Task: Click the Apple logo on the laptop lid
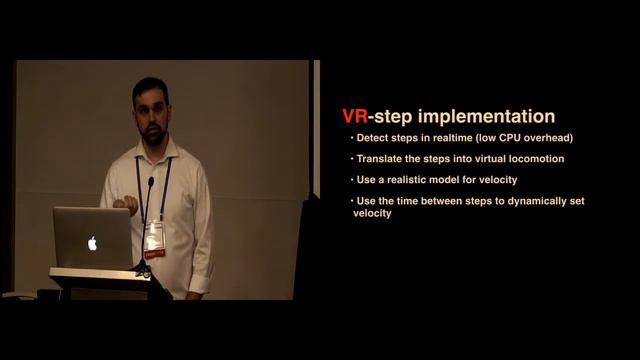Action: pyautogui.click(x=92, y=242)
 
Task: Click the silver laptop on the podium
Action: pyautogui.click(x=92, y=238)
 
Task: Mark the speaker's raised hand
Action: pyautogui.click(x=126, y=205)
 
